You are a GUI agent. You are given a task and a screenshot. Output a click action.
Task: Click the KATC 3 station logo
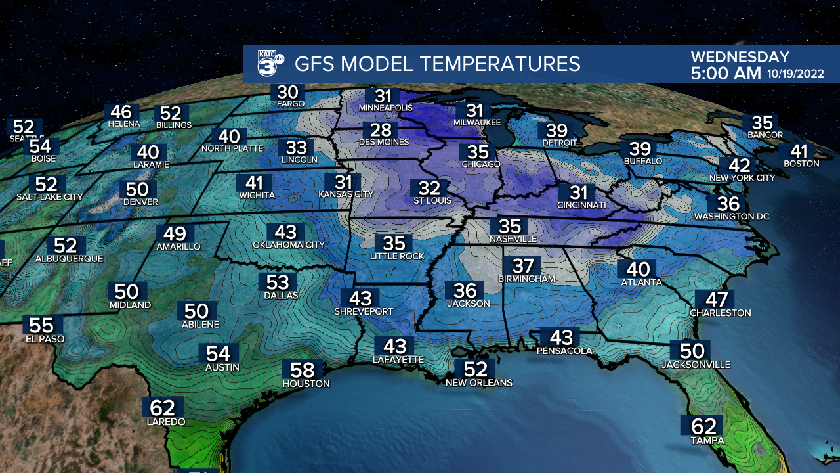coord(270,64)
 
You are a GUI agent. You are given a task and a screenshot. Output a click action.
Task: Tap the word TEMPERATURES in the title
coord(500,64)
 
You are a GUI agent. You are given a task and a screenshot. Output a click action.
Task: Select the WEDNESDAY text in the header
coord(740,57)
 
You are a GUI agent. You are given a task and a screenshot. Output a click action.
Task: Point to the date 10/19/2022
coord(795,74)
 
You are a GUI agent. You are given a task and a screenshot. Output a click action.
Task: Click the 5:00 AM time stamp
coord(725,73)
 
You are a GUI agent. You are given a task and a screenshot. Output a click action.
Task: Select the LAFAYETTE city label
coord(398,360)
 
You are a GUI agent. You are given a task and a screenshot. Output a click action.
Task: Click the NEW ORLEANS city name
coord(478,382)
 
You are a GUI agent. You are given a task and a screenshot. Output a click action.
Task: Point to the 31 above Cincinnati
coord(578,193)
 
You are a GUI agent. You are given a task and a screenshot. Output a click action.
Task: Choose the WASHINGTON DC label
coord(731,216)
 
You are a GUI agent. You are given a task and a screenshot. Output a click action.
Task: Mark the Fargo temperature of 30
coord(287,93)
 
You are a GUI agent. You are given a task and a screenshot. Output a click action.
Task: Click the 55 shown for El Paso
coord(43,326)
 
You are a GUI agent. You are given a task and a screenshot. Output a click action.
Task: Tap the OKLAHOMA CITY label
coord(289,245)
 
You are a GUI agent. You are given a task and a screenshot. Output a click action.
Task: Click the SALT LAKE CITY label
coord(50,197)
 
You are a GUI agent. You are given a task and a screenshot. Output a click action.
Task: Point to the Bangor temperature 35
coord(762,123)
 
